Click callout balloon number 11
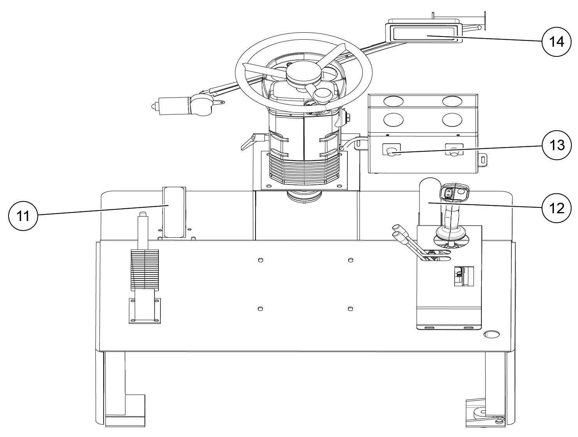click(x=23, y=216)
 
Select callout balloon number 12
click(x=557, y=208)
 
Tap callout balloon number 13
click(x=557, y=145)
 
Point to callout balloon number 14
click(x=557, y=42)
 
